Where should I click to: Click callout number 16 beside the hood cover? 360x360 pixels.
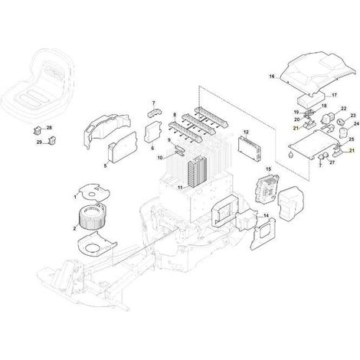click(272, 77)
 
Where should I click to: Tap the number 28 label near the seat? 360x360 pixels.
click(49, 128)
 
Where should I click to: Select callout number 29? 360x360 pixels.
click(39, 142)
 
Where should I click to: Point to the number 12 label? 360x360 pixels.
click(246, 132)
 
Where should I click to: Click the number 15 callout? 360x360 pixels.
click(268, 169)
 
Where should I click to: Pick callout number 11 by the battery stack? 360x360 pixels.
click(180, 188)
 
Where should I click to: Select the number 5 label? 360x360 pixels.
click(105, 166)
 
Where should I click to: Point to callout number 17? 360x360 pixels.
click(334, 95)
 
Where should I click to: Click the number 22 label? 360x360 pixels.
click(344, 109)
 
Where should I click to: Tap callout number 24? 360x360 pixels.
click(356, 124)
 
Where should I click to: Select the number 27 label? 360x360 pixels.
click(332, 162)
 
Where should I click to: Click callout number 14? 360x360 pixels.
click(266, 216)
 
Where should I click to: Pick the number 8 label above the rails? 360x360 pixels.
click(175, 115)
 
